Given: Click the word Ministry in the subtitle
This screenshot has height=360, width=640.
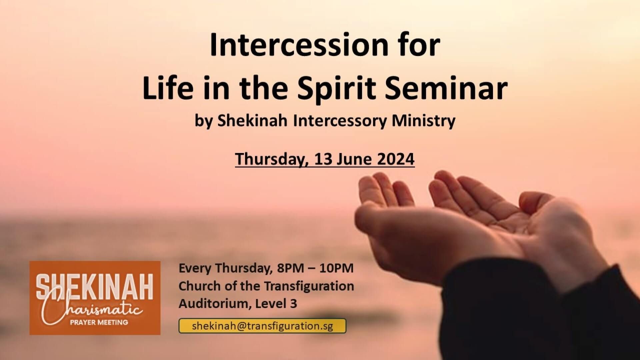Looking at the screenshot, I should click(423, 121).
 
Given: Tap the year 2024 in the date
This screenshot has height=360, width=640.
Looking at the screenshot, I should click(396, 159).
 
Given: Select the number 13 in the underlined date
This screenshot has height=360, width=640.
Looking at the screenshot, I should click(323, 159).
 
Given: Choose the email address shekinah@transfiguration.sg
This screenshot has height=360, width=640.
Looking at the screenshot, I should click(262, 326).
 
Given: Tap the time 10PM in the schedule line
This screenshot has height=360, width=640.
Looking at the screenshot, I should click(336, 268).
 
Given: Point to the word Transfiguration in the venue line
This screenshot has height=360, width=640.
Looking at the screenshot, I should click(309, 286).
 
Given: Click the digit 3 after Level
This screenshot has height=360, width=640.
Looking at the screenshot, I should click(293, 304).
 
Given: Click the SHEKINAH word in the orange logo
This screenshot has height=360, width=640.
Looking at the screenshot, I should click(95, 287).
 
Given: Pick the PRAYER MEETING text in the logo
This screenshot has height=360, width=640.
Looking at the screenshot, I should click(99, 322).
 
